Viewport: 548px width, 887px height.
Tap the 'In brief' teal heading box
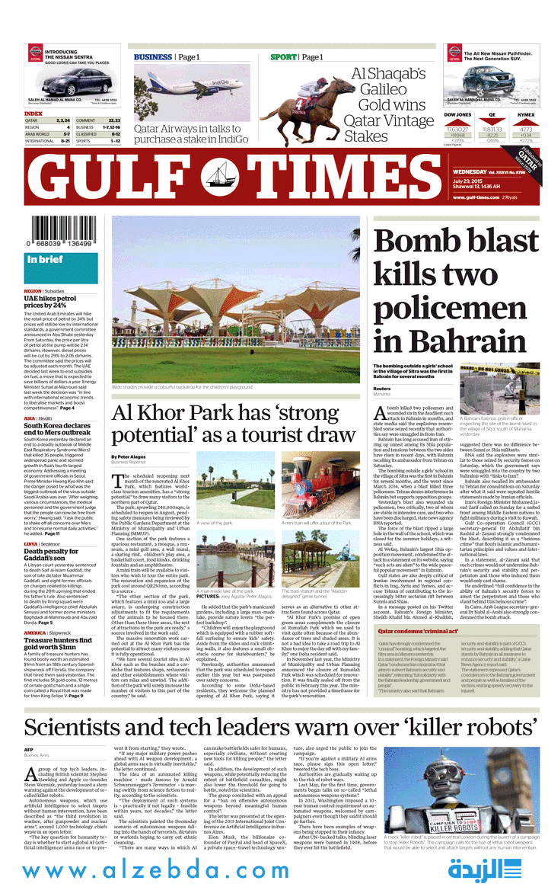pos(61,261)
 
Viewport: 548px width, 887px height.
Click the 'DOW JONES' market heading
pos(457,114)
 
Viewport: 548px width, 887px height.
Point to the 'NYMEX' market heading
pos(526,114)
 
